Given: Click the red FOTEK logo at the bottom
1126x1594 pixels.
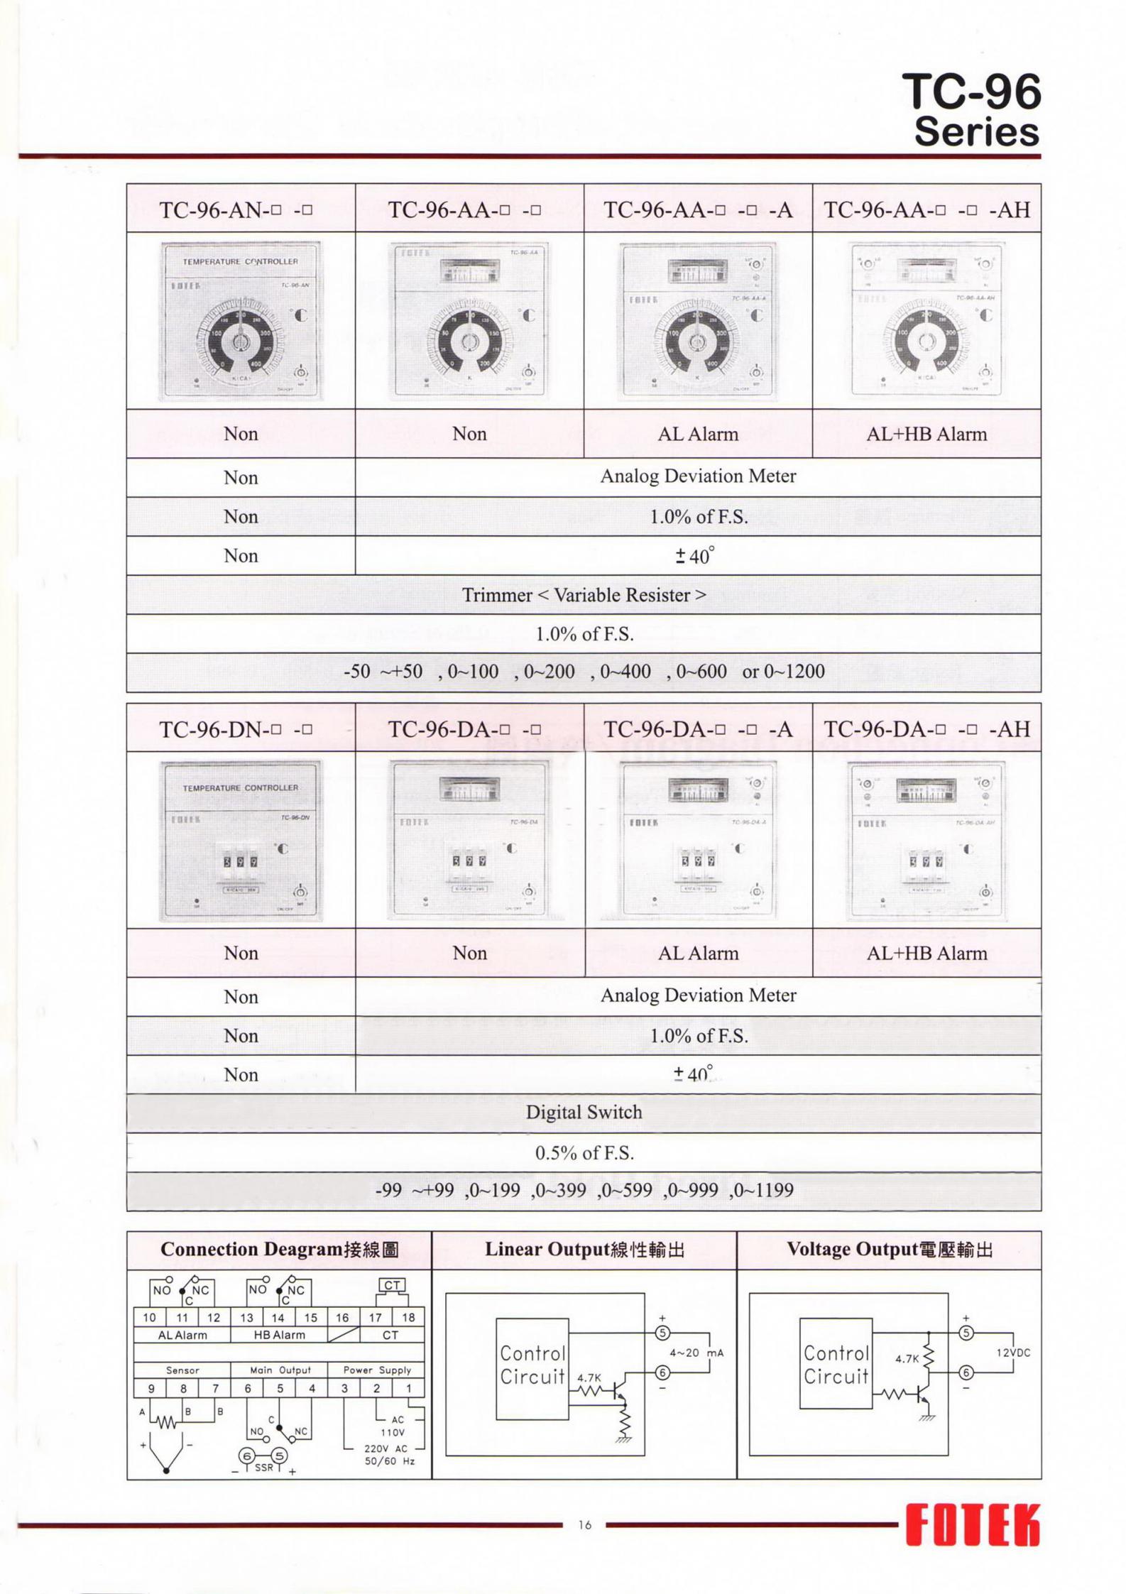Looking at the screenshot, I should tap(972, 1524).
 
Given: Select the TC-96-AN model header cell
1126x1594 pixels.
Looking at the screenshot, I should tap(240, 210).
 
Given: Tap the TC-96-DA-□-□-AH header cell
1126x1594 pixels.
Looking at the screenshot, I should tap(927, 729).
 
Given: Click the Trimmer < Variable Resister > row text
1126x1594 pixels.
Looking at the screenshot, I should tap(584, 595).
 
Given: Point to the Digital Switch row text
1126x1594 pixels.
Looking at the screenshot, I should tap(584, 1112).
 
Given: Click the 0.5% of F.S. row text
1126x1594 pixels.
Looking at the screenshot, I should tap(584, 1152).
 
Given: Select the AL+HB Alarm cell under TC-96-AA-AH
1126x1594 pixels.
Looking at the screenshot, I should tap(927, 434).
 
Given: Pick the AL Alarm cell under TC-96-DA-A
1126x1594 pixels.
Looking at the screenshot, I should tap(698, 953).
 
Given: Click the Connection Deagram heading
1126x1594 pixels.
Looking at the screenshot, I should tap(279, 1250).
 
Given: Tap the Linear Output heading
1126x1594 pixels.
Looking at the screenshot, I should tap(584, 1250).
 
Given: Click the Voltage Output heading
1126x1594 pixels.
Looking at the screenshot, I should tap(889, 1250).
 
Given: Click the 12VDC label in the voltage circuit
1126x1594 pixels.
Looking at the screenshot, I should tap(1013, 1353).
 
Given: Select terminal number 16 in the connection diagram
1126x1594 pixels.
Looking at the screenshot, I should tap(342, 1318).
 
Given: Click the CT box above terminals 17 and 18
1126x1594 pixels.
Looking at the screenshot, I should tap(392, 1284).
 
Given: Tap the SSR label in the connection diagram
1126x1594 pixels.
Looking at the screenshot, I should tap(263, 1467).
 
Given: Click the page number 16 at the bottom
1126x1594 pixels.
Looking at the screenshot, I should tap(584, 1524).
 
